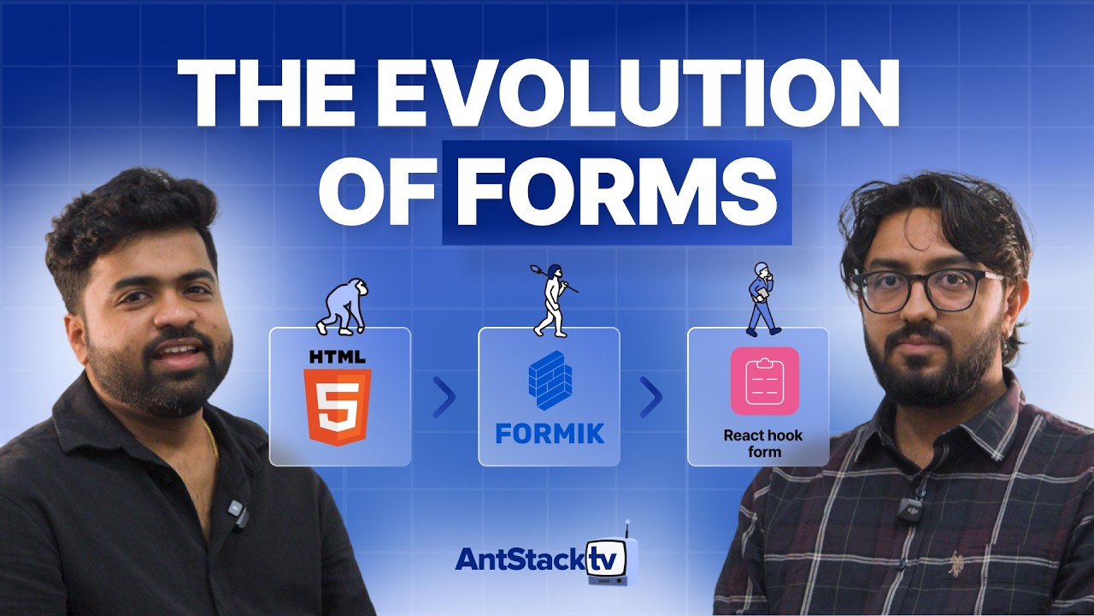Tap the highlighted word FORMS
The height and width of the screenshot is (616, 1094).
[x=616, y=192]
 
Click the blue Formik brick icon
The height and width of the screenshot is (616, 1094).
[x=550, y=380]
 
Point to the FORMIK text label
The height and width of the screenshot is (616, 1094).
[x=550, y=432]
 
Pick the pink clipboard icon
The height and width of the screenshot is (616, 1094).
[x=764, y=381]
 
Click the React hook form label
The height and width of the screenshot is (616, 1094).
[x=763, y=443]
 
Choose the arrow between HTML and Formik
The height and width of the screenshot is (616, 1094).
[x=443, y=396]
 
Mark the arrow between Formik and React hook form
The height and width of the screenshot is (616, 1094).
[x=651, y=396]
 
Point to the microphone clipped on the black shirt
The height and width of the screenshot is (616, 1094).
[x=236, y=512]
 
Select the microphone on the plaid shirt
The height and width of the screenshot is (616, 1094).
[x=912, y=510]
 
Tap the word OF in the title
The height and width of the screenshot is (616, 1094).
[x=380, y=192]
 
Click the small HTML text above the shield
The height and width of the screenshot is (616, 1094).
[x=338, y=356]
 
